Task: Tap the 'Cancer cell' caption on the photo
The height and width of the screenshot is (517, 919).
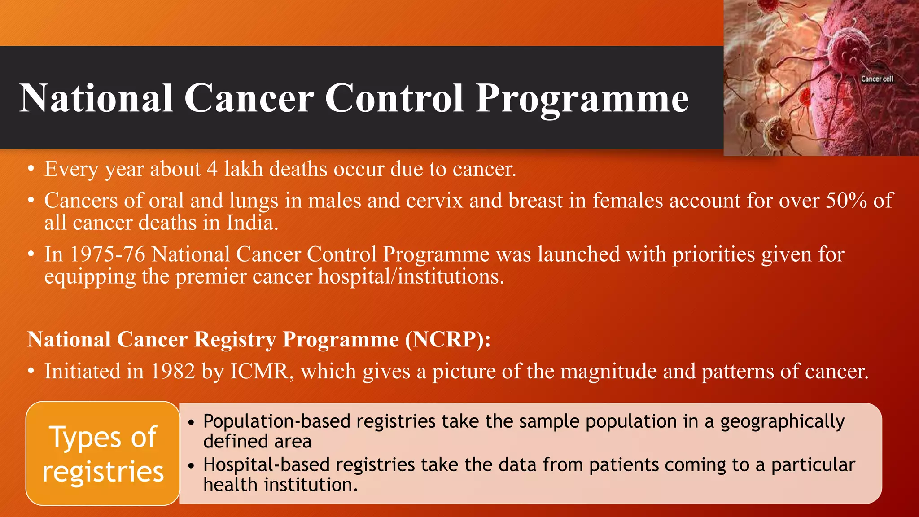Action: (x=876, y=79)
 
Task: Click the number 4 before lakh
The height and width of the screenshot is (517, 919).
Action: (x=212, y=169)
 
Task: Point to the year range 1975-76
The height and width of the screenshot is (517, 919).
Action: (x=108, y=254)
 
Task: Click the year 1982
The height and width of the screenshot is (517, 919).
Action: (x=172, y=372)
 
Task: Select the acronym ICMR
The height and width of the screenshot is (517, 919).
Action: (x=259, y=372)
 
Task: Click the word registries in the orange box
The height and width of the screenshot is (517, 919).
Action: (x=103, y=472)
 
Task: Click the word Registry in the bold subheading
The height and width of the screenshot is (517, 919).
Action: (x=235, y=340)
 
